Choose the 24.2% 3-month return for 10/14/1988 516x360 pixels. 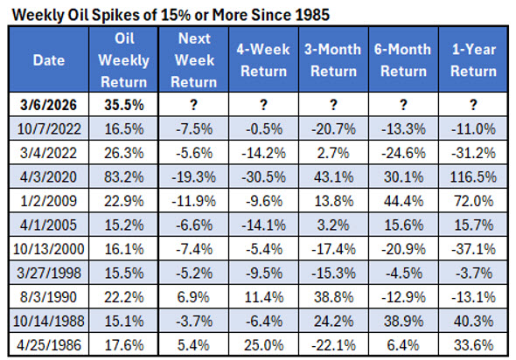pos(332,318)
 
